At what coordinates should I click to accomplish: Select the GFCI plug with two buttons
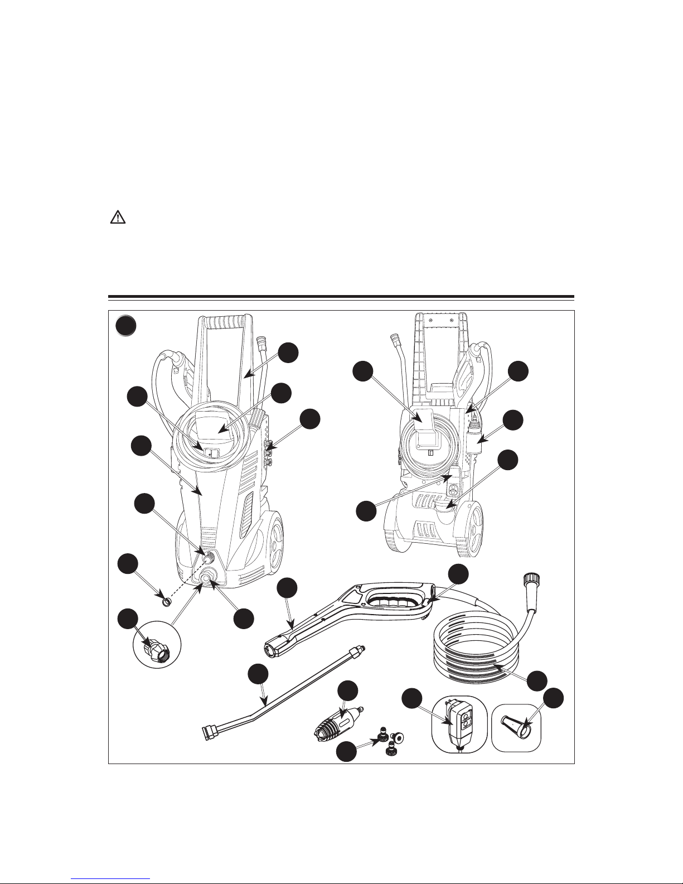457,724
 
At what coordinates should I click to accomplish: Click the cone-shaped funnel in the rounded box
516,724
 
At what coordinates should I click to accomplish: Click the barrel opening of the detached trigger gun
272,648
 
